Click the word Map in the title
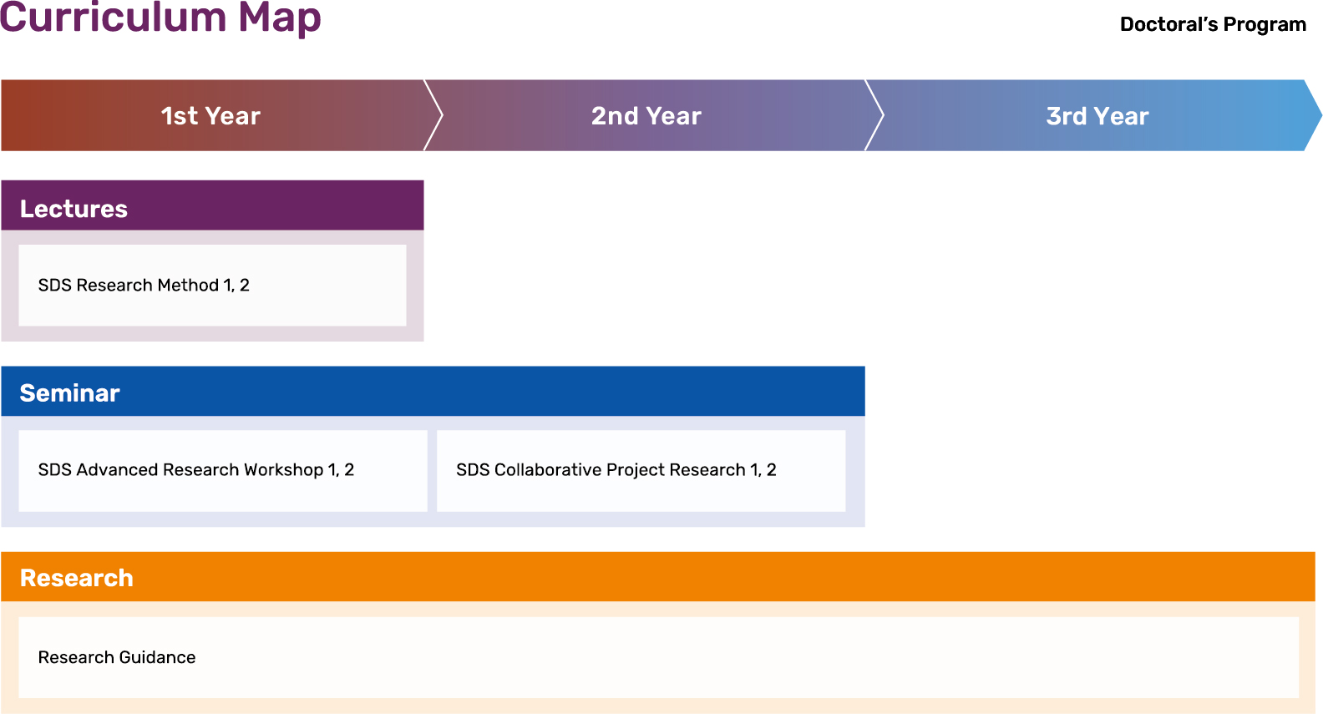pyautogui.click(x=279, y=19)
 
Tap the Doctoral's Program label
pyautogui.click(x=1213, y=24)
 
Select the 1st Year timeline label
pyautogui.click(x=210, y=116)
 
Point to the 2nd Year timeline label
pyautogui.click(x=646, y=116)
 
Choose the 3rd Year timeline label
pyautogui.click(x=1097, y=116)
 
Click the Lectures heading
pyautogui.click(x=73, y=209)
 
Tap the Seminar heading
pyautogui.click(x=69, y=393)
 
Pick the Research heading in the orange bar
pyautogui.click(x=77, y=578)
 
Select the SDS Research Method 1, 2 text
pyautogui.click(x=144, y=286)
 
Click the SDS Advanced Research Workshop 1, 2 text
pyautogui.click(x=196, y=470)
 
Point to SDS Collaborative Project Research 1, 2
pyautogui.click(x=616, y=470)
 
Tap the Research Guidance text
pyautogui.click(x=117, y=657)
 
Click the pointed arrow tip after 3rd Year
pyautogui.click(x=1320, y=115)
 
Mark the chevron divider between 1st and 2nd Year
pyautogui.click(x=433, y=115)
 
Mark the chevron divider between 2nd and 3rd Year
pyautogui.click(x=874, y=115)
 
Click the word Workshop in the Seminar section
pyautogui.click(x=284, y=470)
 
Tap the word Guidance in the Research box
pyautogui.click(x=157, y=657)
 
